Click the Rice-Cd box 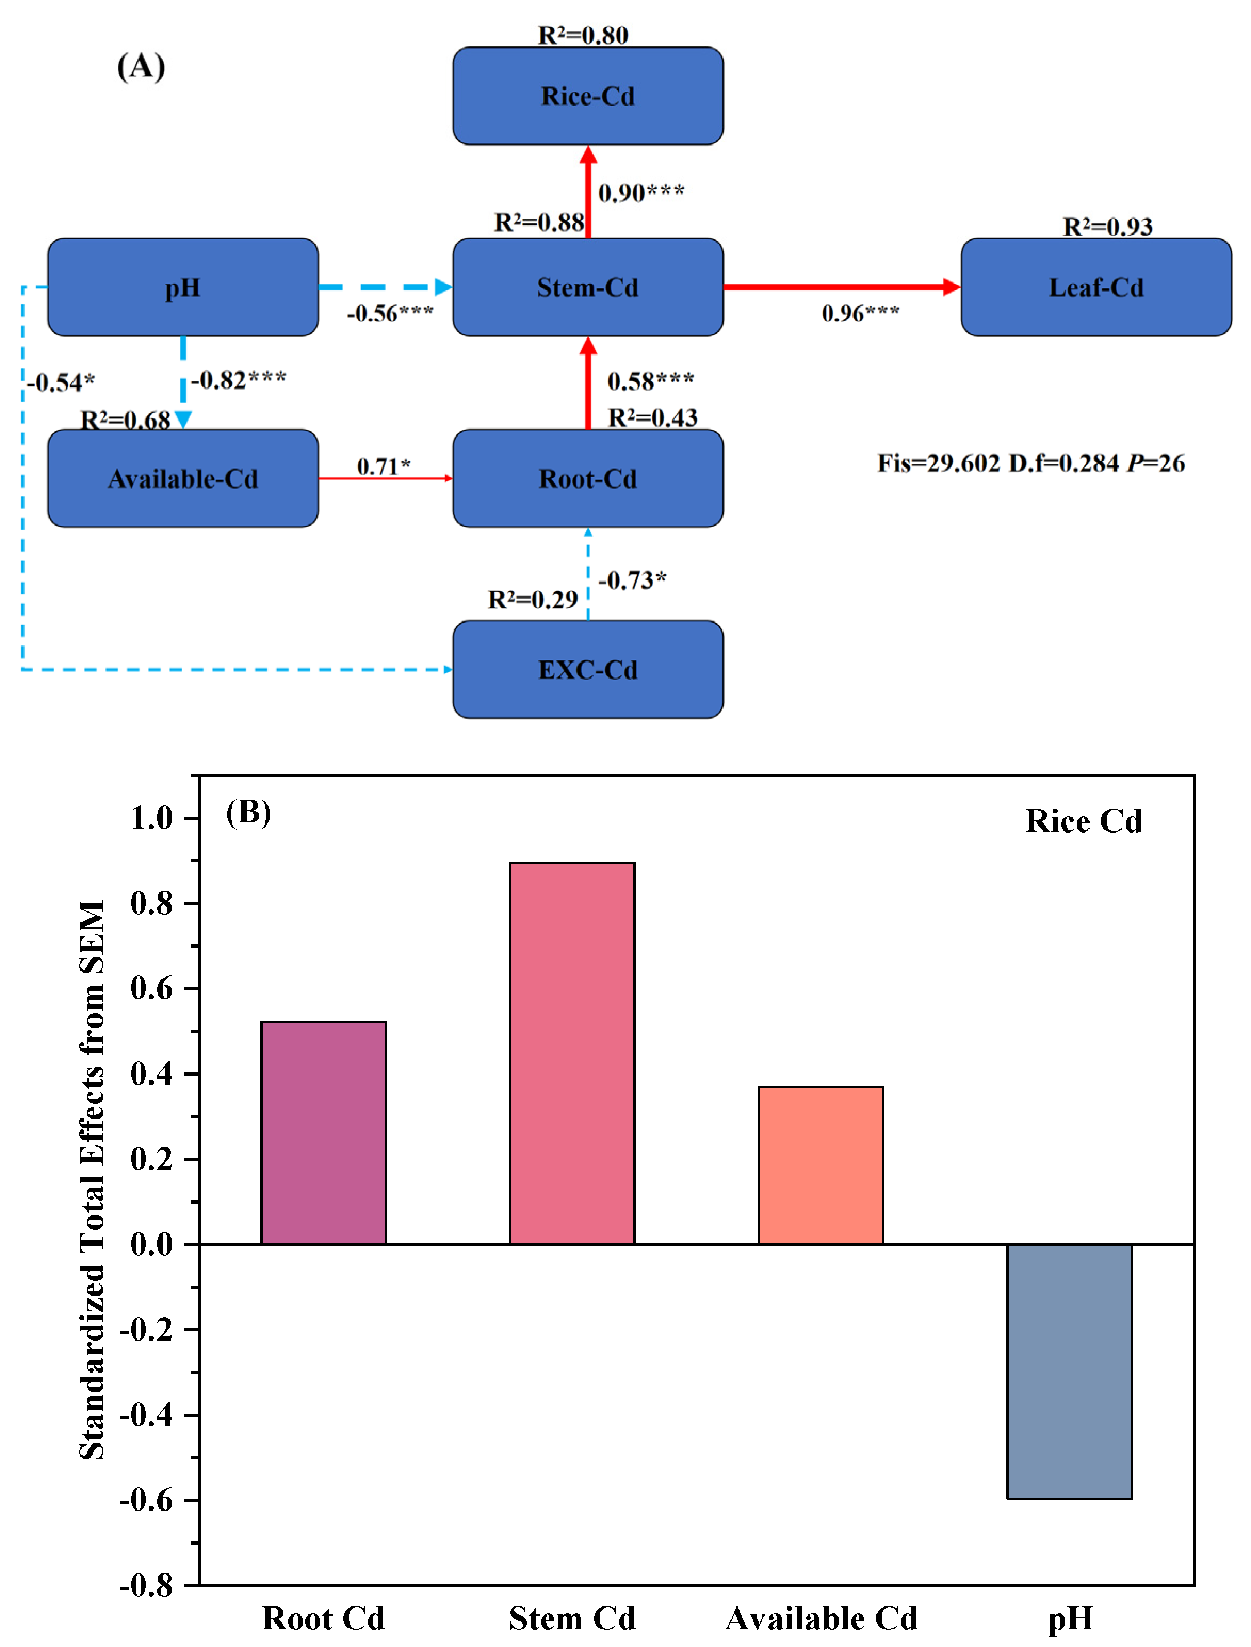(588, 96)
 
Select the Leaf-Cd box (1095, 287)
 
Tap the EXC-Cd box (588, 669)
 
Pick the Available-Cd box (183, 478)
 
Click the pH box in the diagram (183, 287)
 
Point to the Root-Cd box (588, 478)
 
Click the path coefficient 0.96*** (860, 313)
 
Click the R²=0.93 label (1107, 227)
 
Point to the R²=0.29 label (532, 600)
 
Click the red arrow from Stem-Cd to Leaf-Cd (841, 287)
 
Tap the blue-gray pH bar (1069, 1371)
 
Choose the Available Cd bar (821, 1165)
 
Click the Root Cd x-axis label (323, 1618)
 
